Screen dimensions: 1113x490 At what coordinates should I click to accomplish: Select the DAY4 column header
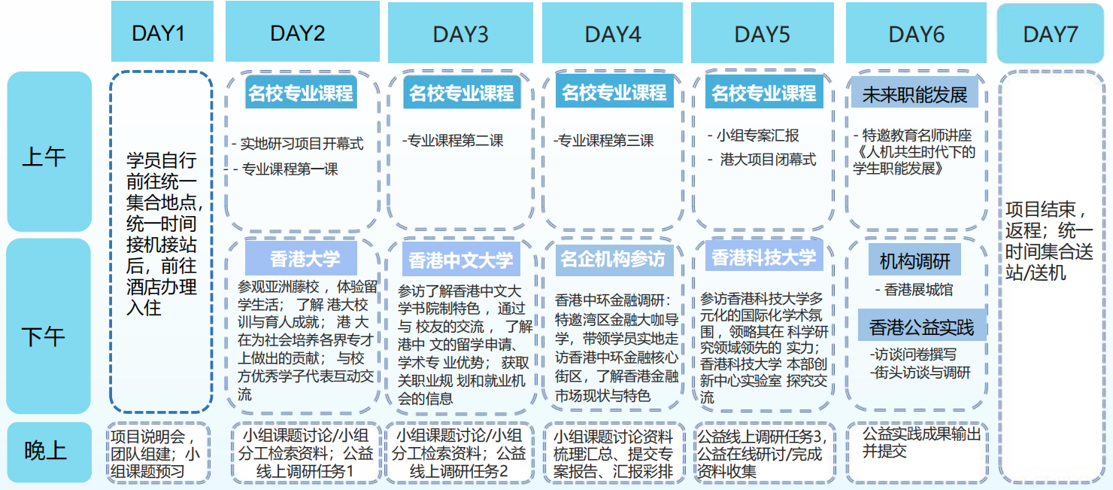(612, 33)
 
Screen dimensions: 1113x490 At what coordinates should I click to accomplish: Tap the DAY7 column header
(1051, 33)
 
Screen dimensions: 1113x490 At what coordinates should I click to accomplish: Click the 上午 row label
(49, 151)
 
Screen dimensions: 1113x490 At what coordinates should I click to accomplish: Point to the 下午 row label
(49, 326)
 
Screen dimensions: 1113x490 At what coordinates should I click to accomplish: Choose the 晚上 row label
(49, 452)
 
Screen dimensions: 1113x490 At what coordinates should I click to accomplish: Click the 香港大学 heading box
(301, 259)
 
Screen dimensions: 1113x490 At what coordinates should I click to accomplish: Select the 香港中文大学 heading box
(461, 259)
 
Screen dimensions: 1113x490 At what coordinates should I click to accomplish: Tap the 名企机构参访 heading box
(614, 259)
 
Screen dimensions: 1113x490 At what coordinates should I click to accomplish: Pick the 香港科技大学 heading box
(764, 257)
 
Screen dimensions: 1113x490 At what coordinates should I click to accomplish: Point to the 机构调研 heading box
(914, 260)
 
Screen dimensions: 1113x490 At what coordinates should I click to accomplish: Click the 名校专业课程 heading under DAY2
(301, 93)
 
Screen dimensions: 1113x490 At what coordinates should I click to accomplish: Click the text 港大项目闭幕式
(768, 160)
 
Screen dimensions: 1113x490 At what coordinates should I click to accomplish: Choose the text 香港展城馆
(919, 290)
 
